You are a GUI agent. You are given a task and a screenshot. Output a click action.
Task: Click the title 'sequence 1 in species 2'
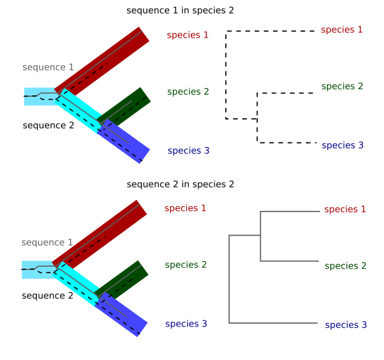[x=180, y=11]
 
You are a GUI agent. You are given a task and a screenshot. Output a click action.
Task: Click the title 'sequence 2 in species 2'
[x=180, y=184]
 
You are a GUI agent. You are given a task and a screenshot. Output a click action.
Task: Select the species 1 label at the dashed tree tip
[x=342, y=30]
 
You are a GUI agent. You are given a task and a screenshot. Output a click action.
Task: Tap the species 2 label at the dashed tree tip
[x=342, y=87]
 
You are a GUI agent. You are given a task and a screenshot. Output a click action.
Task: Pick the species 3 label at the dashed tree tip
[x=342, y=145]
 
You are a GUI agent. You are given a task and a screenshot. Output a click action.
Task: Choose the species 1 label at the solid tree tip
[x=345, y=209]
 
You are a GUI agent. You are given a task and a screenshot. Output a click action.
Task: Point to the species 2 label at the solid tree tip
[x=345, y=266]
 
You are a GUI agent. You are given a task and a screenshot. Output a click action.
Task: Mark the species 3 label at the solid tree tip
[x=346, y=325]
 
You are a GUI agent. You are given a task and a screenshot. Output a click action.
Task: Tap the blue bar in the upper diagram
[x=124, y=141]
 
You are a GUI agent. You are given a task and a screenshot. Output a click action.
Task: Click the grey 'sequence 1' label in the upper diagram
[x=48, y=67]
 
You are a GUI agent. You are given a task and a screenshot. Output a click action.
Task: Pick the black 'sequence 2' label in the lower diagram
[x=47, y=296]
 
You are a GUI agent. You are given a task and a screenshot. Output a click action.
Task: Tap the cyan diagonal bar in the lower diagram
[x=77, y=282]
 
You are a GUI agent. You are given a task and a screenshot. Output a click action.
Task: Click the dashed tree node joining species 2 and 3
[x=258, y=119]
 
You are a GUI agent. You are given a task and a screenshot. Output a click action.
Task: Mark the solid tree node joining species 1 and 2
[x=261, y=235]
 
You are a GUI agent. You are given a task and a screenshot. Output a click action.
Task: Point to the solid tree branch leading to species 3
[x=272, y=323]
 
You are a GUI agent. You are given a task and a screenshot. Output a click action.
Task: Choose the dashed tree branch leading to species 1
[x=269, y=31]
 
